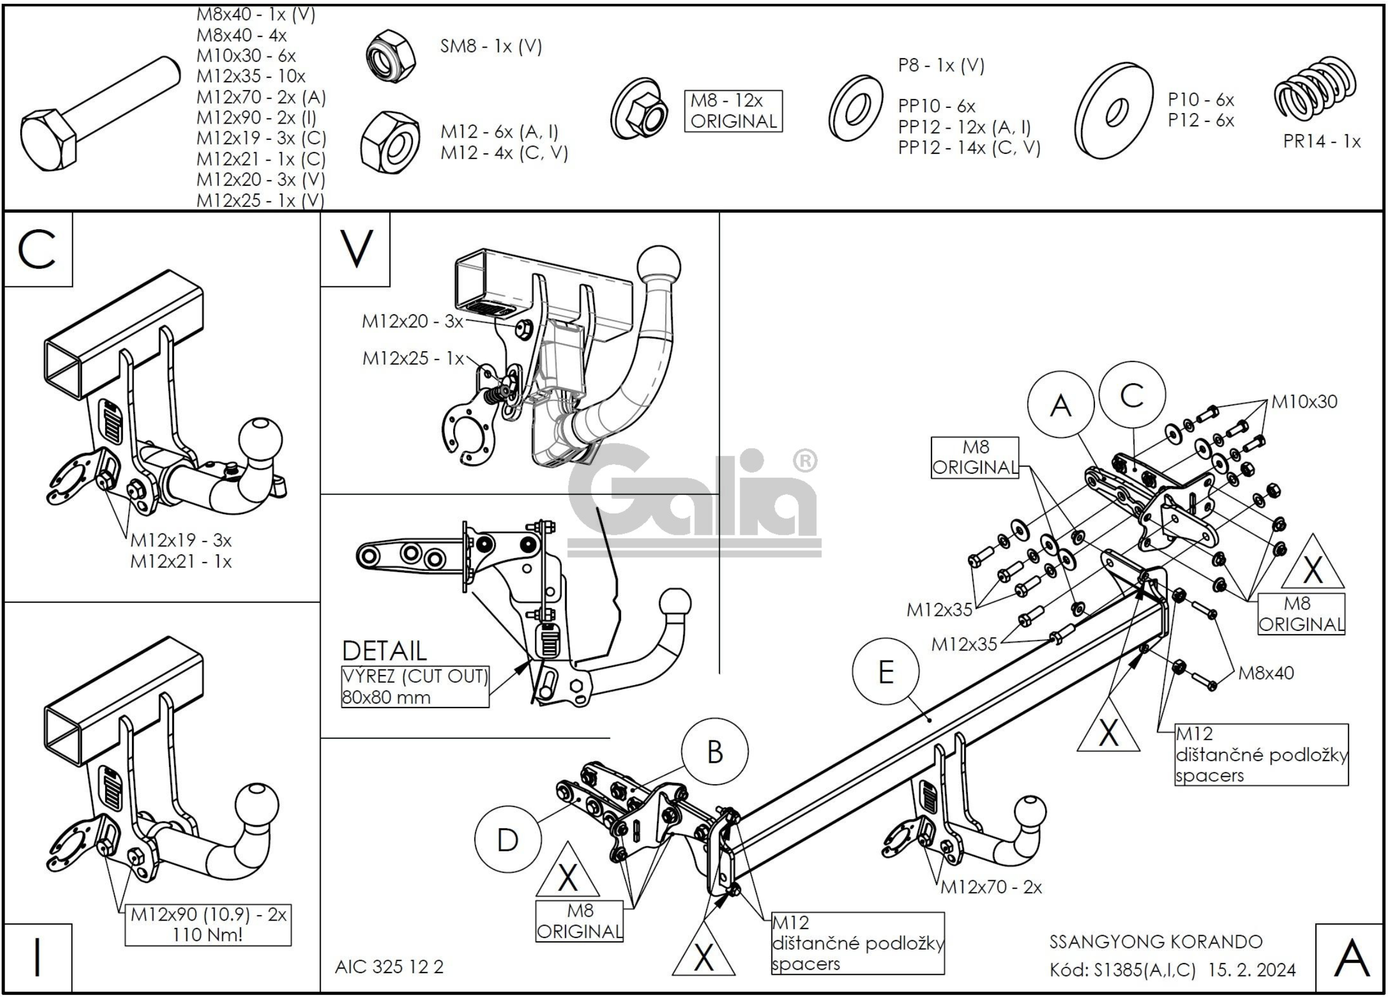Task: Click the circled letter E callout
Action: point(886,672)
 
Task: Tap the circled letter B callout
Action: point(714,752)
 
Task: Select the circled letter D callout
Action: point(507,839)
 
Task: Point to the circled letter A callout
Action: point(1061,405)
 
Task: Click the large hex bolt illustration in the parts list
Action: point(100,114)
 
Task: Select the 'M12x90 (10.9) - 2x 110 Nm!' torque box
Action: point(208,924)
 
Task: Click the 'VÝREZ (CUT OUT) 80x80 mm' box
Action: point(416,686)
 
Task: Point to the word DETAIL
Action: point(384,650)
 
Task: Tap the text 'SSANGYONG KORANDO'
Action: point(1156,942)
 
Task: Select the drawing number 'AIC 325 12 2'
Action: point(389,967)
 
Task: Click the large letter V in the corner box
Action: point(356,249)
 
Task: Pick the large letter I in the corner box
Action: point(37,957)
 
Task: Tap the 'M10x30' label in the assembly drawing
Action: point(1304,402)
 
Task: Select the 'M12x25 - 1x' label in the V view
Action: point(413,359)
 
